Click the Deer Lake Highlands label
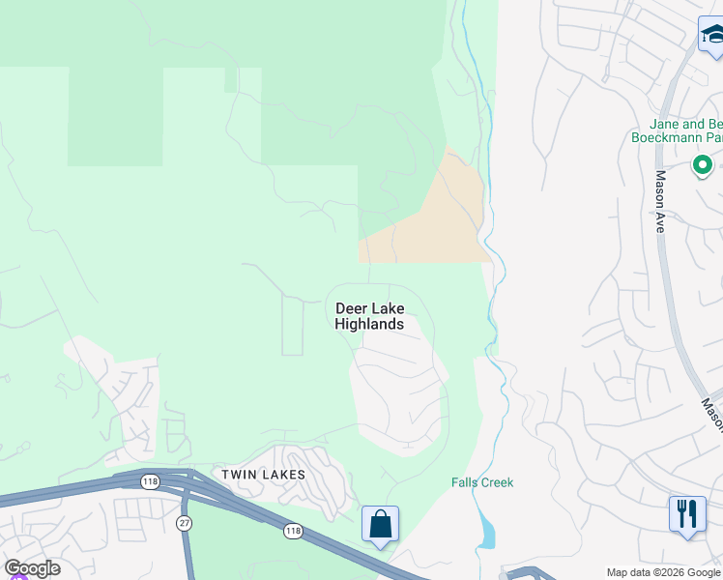point(369,316)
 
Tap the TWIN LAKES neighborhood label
point(263,475)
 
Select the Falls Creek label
point(482,482)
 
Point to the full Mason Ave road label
point(661,202)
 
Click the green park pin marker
point(703,166)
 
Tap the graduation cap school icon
point(712,36)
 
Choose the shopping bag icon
point(381,525)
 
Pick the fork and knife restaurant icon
point(686,512)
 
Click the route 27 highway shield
point(185,522)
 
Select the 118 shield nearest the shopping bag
point(292,531)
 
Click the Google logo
point(32,568)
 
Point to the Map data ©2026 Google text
point(664,572)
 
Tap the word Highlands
point(369,324)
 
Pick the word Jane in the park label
point(665,124)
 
